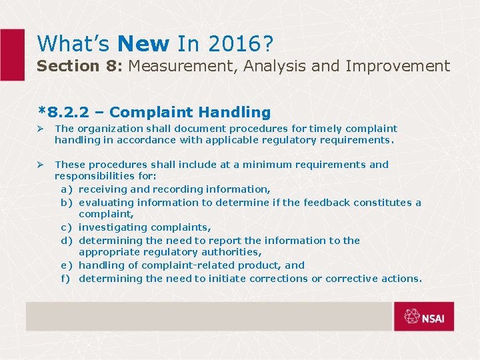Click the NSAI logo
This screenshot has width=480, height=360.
point(423,317)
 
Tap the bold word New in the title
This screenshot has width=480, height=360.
point(143,43)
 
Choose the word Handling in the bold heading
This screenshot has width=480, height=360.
point(237,113)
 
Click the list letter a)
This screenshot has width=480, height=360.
point(67,189)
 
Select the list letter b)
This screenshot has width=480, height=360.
point(67,203)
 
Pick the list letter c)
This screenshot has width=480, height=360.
point(67,227)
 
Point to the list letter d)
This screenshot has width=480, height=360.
point(67,241)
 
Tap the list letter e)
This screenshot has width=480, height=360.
point(67,265)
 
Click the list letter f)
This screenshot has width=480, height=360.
point(67,279)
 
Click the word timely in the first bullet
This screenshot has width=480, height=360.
point(324,129)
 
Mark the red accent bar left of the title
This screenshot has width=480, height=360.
point(12,55)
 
